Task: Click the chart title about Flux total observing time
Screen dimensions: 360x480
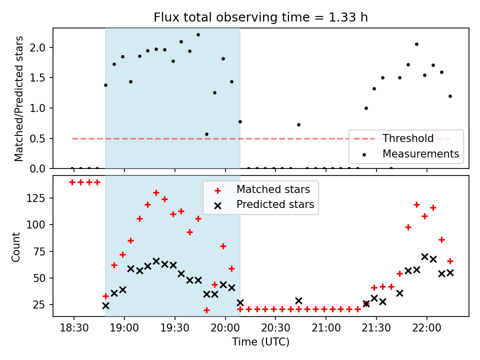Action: pos(260,18)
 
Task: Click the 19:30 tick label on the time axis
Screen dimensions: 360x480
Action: pos(175,330)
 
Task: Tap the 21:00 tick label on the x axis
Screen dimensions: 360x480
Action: pos(326,330)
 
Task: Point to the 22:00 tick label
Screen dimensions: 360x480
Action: pos(426,330)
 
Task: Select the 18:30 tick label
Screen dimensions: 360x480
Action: pos(74,330)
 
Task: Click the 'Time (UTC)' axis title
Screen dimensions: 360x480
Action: pos(260,342)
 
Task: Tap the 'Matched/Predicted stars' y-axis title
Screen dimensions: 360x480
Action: pos(19,98)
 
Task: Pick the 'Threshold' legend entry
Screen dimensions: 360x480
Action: pos(407,138)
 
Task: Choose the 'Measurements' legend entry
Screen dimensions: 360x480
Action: pos(420,154)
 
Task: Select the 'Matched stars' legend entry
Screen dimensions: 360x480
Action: pos(273,189)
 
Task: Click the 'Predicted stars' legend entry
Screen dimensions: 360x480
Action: pos(275,204)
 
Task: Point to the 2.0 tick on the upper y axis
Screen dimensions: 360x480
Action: pos(41,48)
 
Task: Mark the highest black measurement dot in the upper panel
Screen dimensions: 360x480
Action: pos(198,34)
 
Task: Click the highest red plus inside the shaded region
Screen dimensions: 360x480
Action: pos(156,192)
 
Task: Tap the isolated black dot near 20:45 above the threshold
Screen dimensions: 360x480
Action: pos(298,124)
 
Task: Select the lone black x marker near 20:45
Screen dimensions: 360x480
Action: pos(298,300)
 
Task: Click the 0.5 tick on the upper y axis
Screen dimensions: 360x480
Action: pos(41,138)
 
